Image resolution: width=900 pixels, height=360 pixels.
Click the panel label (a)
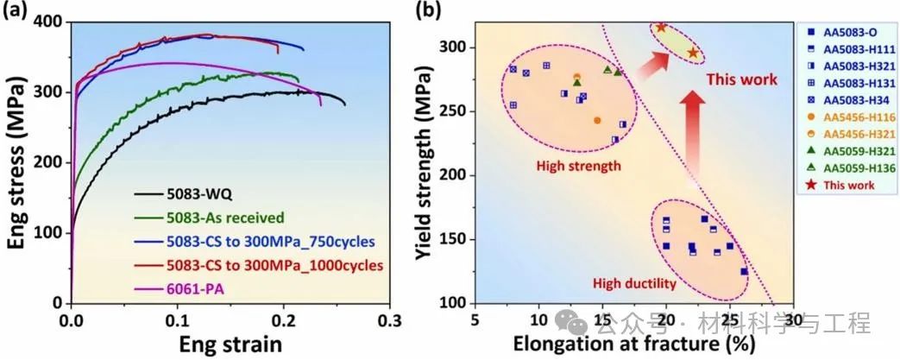pos(19,11)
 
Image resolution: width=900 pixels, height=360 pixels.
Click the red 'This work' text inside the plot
pos(741,79)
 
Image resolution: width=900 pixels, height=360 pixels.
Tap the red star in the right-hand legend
pos(809,184)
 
